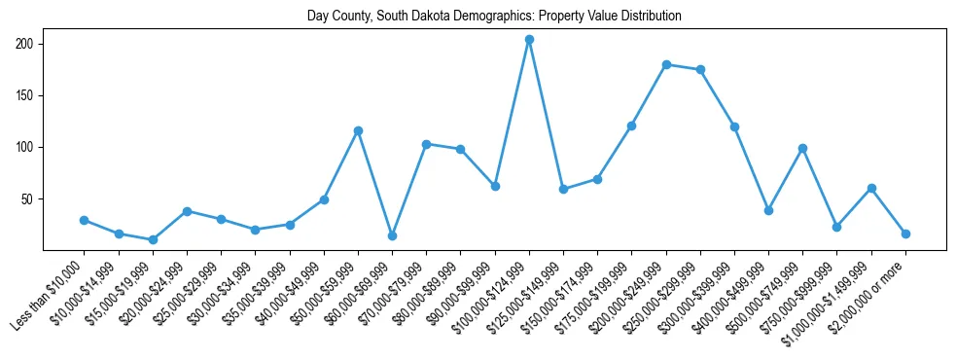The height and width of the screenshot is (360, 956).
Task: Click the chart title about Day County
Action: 494,16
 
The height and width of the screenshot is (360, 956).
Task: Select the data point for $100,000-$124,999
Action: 529,40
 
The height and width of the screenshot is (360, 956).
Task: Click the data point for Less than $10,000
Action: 85,220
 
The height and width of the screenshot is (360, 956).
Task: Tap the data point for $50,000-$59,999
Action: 358,130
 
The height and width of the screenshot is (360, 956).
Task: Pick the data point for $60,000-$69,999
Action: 392,235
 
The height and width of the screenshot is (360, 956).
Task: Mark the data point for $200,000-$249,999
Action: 666,64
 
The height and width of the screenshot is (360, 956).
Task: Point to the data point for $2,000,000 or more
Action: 905,234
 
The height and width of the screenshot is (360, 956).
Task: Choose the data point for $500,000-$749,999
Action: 802,148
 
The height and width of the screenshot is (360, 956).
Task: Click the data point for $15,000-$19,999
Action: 153,239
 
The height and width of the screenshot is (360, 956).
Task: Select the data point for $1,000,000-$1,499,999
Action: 871,188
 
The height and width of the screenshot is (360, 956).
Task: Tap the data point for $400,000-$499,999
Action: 768,210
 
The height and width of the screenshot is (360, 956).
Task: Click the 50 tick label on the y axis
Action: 27,198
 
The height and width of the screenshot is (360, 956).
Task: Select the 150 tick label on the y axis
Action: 24,95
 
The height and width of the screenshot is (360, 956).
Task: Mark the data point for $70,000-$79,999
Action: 426,144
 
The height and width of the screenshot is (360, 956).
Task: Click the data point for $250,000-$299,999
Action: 700,70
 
